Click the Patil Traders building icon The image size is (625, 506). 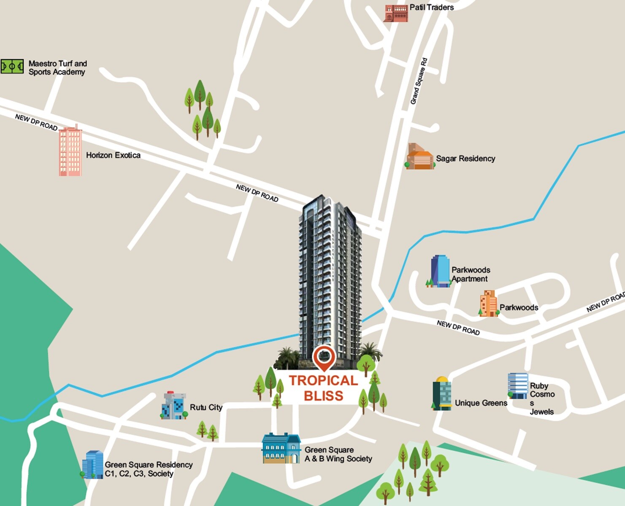tap(396, 13)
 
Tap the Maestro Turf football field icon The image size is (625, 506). tap(12, 67)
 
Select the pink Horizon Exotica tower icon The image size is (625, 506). tap(70, 151)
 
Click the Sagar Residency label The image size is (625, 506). tap(465, 159)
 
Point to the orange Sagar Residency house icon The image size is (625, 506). tap(420, 157)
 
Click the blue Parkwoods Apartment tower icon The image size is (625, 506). tap(439, 272)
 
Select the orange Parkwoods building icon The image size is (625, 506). tap(489, 304)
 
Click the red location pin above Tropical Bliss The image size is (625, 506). tap(324, 357)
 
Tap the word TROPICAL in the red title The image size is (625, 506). tap(323, 380)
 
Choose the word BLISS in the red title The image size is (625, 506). tap(323, 396)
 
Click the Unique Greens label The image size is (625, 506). tap(481, 403)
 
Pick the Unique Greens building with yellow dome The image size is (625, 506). tap(441, 393)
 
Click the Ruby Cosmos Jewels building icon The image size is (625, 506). tap(517, 386)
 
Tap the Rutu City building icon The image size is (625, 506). tap(174, 406)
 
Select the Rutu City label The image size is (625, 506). tap(206, 407)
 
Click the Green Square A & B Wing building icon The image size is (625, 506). tap(281, 448)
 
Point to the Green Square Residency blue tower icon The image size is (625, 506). tap(93, 465)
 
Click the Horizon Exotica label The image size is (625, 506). tap(113, 155)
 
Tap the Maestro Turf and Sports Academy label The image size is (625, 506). tap(57, 67)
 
